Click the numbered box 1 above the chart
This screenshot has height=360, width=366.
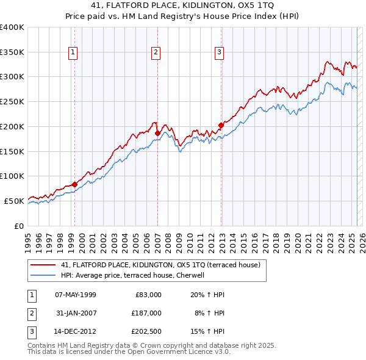click(73, 53)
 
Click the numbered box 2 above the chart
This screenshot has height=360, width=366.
click(156, 53)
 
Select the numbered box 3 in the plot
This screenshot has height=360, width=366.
click(219, 53)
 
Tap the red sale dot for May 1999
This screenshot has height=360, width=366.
click(74, 184)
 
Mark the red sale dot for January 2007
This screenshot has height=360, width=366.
click(157, 132)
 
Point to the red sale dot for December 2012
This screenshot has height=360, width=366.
click(221, 125)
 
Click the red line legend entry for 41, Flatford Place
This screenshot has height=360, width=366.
click(160, 265)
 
